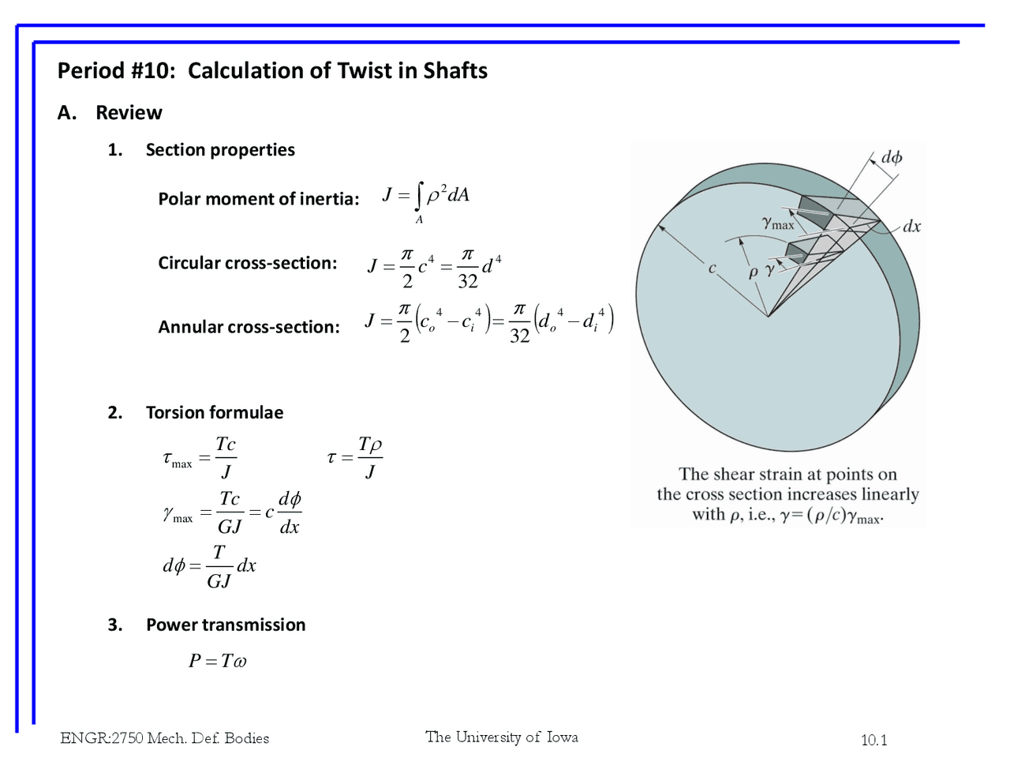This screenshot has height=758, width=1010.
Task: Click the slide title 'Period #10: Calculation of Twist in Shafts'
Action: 272,71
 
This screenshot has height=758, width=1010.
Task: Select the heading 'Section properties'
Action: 220,150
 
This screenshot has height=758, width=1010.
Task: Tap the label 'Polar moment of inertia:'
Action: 258,199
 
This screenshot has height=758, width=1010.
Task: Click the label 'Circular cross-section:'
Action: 247,263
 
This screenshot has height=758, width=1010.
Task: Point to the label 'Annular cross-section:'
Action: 249,327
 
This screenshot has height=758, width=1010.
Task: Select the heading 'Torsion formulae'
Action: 215,412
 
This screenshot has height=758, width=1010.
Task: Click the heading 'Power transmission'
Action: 226,625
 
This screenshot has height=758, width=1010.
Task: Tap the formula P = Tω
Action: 217,661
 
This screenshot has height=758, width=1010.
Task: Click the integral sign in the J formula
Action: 420,196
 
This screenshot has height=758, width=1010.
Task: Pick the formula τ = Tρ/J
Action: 355,457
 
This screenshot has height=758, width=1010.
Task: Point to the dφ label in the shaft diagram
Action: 892,157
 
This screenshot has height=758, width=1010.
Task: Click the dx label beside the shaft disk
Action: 911,227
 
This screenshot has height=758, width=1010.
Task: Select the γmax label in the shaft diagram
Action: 778,223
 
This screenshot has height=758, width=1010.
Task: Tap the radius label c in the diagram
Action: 712,268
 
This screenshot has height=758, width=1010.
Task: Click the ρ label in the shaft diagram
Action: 753,272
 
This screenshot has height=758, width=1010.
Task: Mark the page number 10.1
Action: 873,740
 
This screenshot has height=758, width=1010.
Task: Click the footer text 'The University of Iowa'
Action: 502,737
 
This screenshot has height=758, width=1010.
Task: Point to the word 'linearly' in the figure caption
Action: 890,494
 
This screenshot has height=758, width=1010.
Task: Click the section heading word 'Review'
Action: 129,113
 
